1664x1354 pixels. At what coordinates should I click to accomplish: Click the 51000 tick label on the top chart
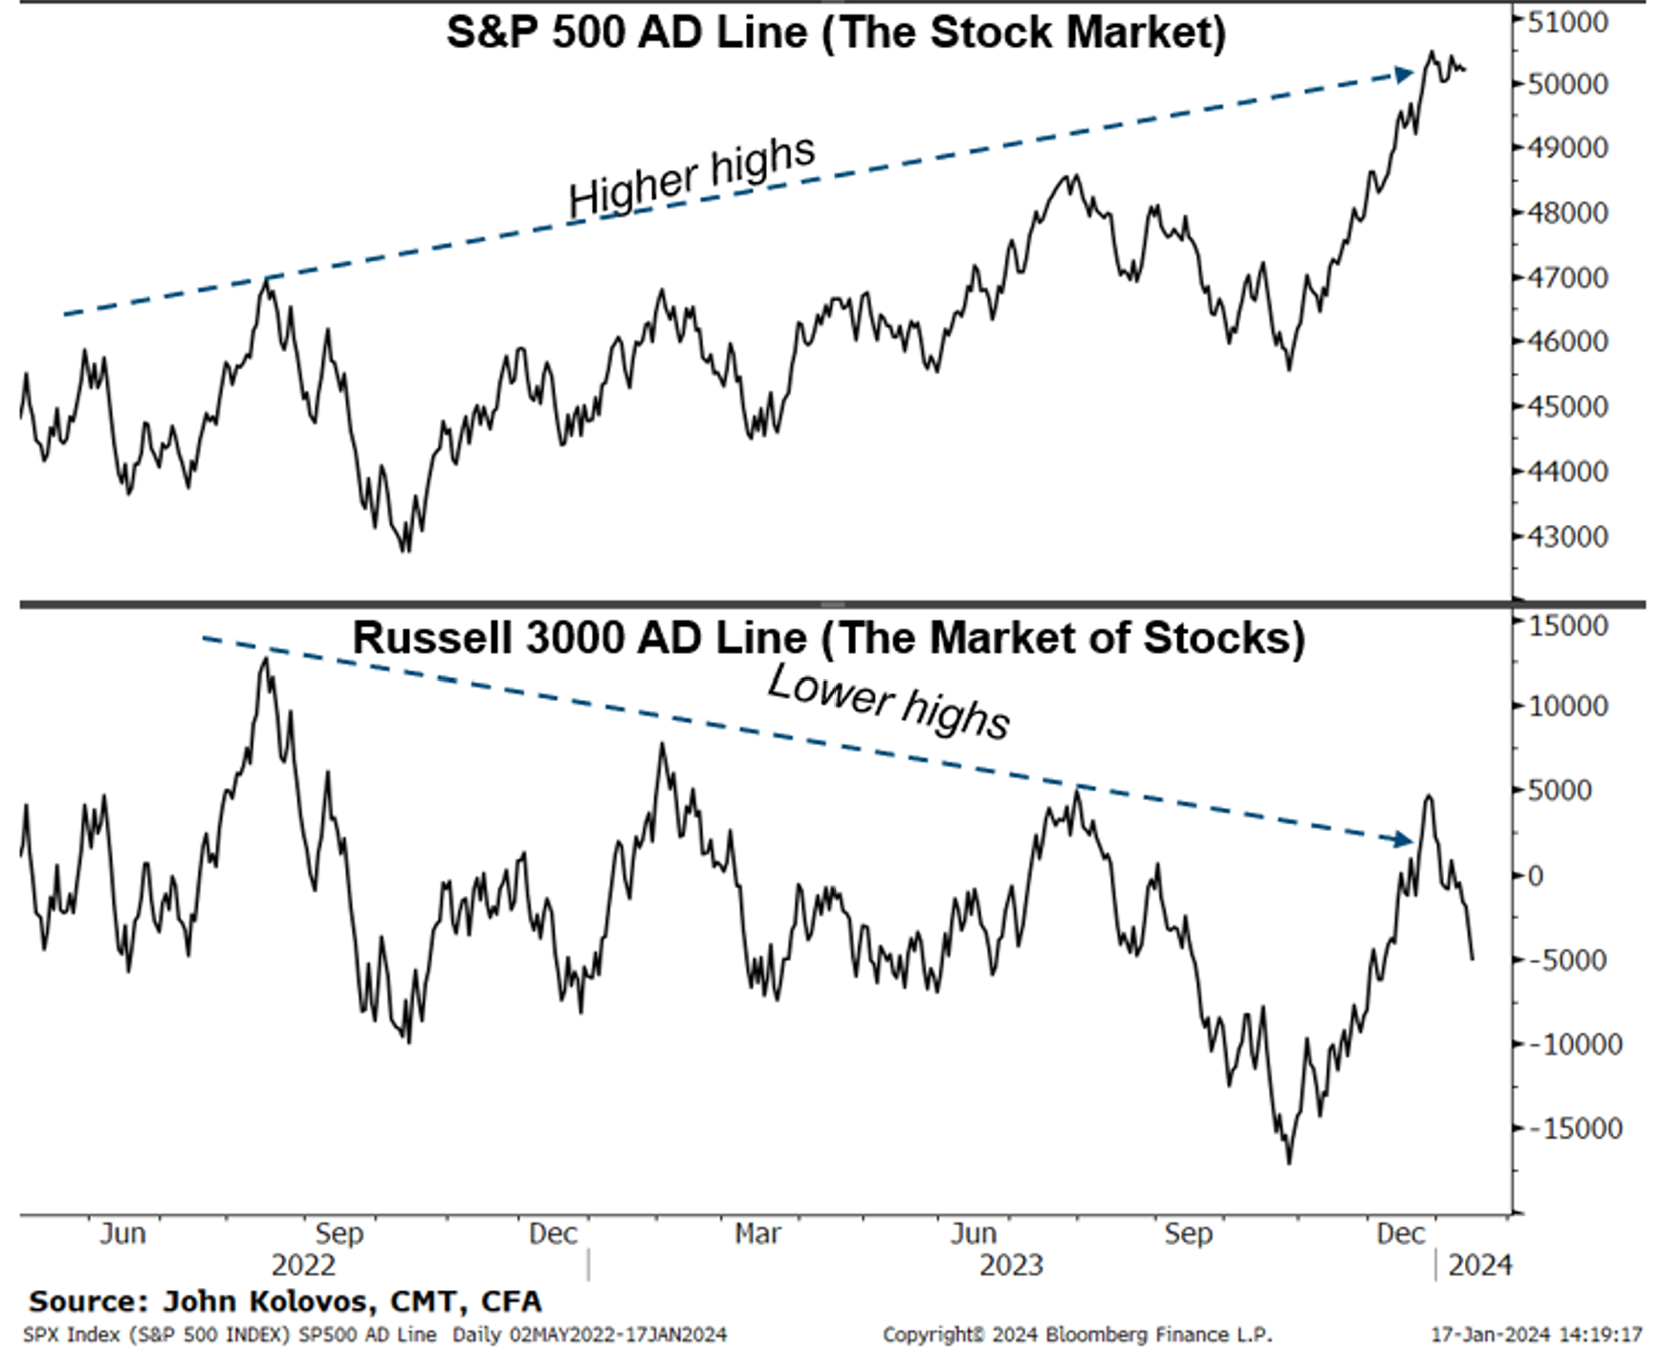(x=1566, y=20)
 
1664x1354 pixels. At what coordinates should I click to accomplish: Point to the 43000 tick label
(x=1566, y=536)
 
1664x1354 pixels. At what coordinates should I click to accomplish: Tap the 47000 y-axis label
(x=1566, y=277)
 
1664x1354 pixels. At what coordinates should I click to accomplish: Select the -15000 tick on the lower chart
(x=1574, y=1128)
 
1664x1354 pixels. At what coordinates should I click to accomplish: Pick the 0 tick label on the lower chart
(x=1535, y=875)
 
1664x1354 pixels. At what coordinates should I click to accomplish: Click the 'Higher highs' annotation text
(x=691, y=176)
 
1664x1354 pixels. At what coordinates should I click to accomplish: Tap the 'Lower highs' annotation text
(x=888, y=702)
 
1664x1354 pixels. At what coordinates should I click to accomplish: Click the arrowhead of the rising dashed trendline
(x=1404, y=74)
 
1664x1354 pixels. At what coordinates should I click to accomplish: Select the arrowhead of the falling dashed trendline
(x=1403, y=840)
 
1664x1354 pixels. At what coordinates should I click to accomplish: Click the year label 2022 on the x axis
(x=303, y=1265)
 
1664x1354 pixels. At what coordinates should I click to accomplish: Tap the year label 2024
(x=1479, y=1265)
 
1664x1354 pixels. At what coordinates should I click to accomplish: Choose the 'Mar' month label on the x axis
(x=757, y=1234)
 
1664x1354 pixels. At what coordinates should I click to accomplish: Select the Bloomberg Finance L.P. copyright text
(x=1077, y=1334)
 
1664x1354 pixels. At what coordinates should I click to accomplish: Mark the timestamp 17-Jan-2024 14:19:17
(x=1536, y=1334)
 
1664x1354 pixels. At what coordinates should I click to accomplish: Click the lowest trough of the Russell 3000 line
(x=1289, y=1162)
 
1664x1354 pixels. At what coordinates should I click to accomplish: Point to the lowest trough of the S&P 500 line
(x=405, y=551)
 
